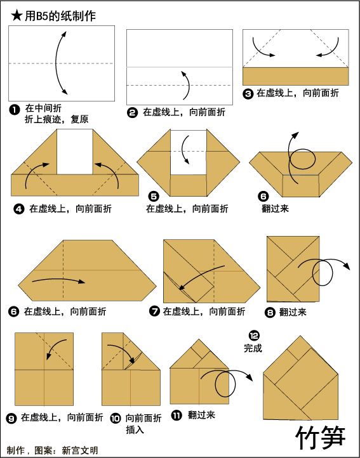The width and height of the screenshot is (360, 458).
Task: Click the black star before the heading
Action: (17, 16)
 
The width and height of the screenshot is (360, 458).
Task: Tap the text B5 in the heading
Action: (41, 16)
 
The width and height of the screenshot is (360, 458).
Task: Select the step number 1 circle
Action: (15, 110)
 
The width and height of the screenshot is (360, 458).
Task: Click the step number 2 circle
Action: (132, 112)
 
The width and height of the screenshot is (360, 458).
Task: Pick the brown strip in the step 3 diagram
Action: (296, 76)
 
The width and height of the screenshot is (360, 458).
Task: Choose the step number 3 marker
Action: (248, 94)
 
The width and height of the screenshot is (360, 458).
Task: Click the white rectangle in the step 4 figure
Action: (75, 152)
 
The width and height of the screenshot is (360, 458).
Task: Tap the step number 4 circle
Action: (18, 209)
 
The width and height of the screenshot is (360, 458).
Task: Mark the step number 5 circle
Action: (154, 196)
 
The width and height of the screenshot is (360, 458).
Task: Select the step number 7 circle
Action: (154, 311)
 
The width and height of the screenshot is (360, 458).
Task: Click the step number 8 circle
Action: (270, 313)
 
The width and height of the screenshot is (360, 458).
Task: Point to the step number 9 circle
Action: (11, 419)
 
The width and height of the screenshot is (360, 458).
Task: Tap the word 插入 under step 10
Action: (135, 429)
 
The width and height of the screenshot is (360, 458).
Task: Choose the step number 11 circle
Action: (177, 415)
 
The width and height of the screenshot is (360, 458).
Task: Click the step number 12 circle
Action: (254, 336)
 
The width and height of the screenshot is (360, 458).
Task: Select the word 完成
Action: (253, 348)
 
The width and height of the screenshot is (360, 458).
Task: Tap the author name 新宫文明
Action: (80, 450)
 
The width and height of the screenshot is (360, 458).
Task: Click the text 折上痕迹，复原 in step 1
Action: (57, 119)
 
